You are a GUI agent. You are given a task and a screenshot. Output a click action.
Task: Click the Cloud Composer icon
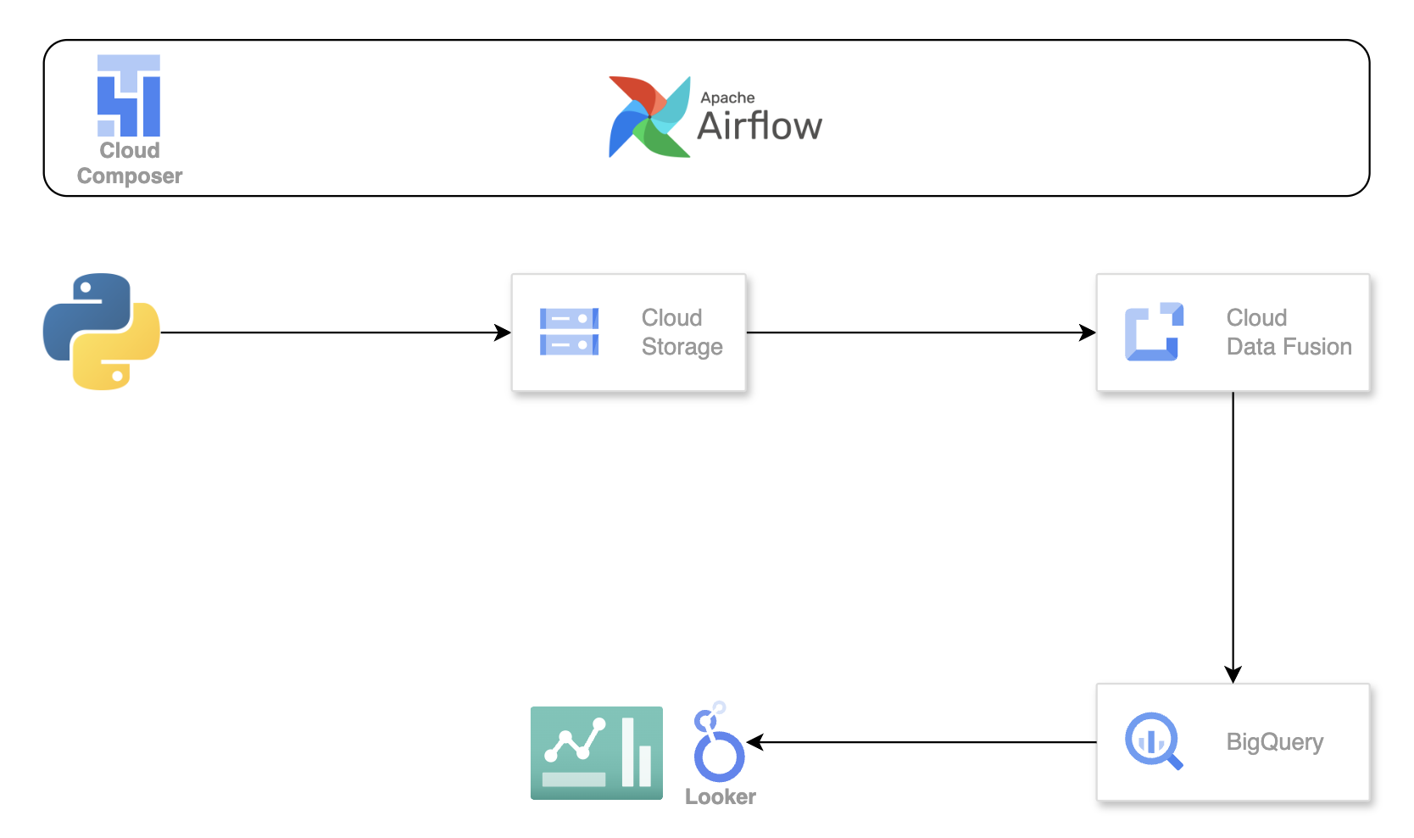coord(129,96)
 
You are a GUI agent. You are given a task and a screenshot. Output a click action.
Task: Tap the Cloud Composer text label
coord(130,163)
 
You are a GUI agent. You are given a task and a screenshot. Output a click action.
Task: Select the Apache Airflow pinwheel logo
coord(649,117)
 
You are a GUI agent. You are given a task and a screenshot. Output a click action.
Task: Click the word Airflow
coord(760,126)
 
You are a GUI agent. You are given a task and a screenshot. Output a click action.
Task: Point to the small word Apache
coord(727,98)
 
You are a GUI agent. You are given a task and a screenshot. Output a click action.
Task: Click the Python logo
coord(102,332)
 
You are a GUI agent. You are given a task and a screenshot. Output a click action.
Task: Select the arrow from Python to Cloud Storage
coord(335,332)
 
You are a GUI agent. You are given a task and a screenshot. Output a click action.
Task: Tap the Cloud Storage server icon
coord(569,332)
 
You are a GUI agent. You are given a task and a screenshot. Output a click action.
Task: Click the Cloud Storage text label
coord(682,332)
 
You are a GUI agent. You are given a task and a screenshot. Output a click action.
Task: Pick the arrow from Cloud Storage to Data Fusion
coord(920,332)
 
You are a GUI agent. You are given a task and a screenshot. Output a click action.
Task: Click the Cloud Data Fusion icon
coord(1154,332)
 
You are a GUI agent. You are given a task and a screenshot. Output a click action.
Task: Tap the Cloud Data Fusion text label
coord(1289,332)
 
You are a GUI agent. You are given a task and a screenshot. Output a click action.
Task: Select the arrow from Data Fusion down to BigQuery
coord(1233,534)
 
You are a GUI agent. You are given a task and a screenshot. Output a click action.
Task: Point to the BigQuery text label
coord(1274,742)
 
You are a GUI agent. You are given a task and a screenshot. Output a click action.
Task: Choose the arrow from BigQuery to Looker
coord(924,742)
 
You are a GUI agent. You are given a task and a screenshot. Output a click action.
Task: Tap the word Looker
coord(721,796)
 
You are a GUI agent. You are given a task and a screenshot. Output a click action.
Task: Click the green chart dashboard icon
coord(597,753)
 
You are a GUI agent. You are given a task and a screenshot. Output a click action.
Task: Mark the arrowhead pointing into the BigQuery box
coord(1233,675)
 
